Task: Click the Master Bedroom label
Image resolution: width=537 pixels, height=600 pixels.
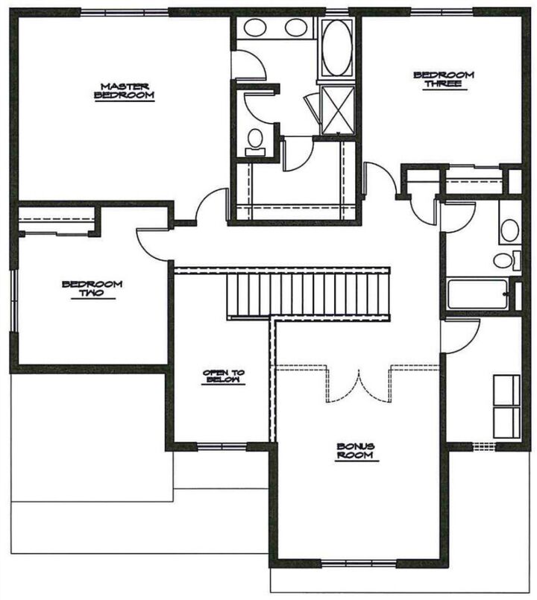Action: [x=125, y=90]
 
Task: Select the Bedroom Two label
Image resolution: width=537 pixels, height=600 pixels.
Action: [x=92, y=288]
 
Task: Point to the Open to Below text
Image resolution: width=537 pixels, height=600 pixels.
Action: [x=224, y=376]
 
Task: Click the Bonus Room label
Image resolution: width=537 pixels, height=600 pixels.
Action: [x=354, y=450]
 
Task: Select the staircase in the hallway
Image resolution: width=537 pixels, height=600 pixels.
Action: [x=309, y=294]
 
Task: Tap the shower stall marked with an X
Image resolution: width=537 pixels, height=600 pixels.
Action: [x=337, y=110]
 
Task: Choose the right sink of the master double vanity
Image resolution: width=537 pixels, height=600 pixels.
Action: [x=297, y=29]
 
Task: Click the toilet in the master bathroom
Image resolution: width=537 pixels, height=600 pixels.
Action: [x=256, y=140]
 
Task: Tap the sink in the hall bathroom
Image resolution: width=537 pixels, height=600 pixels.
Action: [x=509, y=229]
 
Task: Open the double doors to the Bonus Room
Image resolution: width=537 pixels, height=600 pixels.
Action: [x=360, y=384]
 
